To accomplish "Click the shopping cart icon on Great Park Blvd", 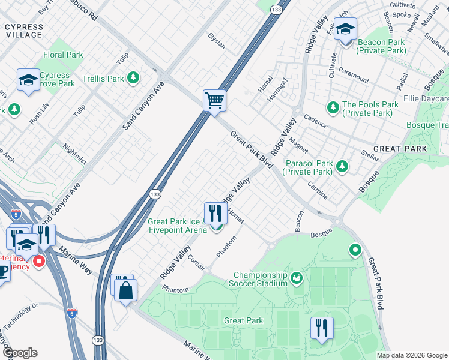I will tap(214, 100).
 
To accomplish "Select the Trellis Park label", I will tap(103, 79).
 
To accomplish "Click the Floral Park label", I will tap(63, 55).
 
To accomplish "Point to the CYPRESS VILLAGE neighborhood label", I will tap(24, 31).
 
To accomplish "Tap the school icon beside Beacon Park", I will tap(345, 29).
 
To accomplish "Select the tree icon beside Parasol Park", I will tap(342, 166).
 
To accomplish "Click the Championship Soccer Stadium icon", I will tap(295, 278).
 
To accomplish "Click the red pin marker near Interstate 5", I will tap(39, 262).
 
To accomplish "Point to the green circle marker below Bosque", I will tap(355, 249).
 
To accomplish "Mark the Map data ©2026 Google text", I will tap(411, 355).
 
